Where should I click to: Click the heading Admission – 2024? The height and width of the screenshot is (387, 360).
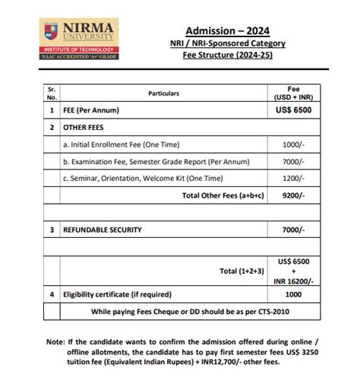click(x=227, y=30)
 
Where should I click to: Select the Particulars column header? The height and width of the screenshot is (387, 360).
click(x=164, y=94)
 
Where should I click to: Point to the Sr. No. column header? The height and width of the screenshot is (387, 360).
click(x=52, y=94)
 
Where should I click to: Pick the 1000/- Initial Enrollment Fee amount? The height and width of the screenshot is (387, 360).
click(x=293, y=144)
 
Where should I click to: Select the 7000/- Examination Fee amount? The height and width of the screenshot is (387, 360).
click(x=293, y=161)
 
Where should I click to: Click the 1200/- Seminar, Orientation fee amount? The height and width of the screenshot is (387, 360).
click(x=293, y=178)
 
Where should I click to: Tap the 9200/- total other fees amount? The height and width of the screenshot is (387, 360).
click(x=293, y=195)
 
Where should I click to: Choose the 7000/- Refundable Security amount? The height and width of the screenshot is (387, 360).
click(x=293, y=230)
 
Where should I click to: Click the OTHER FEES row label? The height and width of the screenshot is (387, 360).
click(x=83, y=128)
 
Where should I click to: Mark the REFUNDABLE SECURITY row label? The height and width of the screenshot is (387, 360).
click(x=103, y=230)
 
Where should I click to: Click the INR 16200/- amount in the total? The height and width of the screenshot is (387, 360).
click(x=293, y=281)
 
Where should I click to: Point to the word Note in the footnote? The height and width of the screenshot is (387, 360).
click(x=55, y=342)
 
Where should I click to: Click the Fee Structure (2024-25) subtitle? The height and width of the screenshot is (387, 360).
click(x=227, y=55)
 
